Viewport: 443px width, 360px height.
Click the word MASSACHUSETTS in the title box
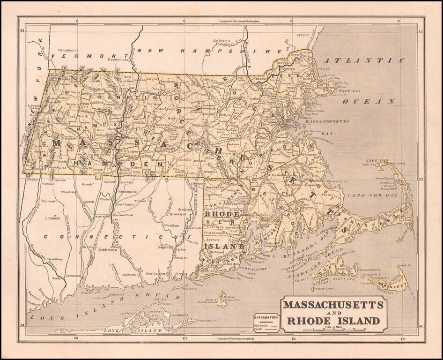(x=333, y=305)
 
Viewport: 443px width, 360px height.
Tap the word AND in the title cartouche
(x=333, y=314)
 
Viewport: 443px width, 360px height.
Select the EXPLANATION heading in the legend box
(x=266, y=317)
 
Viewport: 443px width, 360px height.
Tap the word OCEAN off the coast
(x=369, y=101)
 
